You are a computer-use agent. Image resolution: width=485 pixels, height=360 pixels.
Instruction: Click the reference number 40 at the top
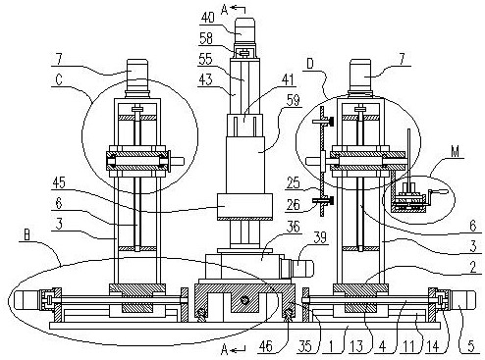pos(208,18)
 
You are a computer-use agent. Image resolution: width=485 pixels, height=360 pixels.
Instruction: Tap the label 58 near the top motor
pos(206,38)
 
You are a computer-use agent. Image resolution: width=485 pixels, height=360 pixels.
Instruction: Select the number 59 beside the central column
pos(293,100)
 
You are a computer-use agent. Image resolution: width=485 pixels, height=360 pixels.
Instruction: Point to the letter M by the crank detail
pos(455,151)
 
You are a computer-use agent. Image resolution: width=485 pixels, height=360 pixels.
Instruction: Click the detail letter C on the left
pos(59,79)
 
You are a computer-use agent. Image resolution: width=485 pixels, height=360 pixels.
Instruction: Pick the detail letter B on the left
pos(27,235)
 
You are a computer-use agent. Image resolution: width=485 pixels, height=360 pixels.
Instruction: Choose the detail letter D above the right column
pos(310,64)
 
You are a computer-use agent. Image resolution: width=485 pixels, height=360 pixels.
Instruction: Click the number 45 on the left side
pos(59,183)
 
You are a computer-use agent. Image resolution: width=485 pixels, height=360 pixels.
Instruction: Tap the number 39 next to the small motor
pos(320,237)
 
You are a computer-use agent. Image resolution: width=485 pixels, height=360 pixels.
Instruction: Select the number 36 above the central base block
pos(293,227)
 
